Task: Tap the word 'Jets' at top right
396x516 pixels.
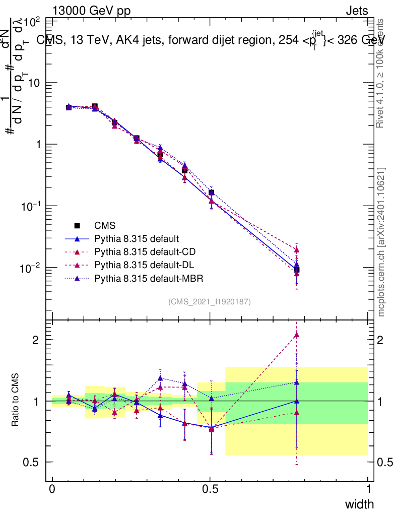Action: click(x=357, y=11)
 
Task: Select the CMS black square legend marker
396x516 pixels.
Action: click(x=77, y=225)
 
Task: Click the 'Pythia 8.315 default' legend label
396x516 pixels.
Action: click(x=137, y=238)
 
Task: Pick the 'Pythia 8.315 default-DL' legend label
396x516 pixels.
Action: click(x=143, y=265)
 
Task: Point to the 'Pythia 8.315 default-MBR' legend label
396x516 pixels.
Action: click(x=147, y=278)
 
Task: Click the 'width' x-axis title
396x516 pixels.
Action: click(x=359, y=504)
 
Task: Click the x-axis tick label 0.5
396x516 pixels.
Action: click(x=210, y=489)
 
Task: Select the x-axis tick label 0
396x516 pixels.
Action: click(x=52, y=489)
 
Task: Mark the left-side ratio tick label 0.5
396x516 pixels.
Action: click(x=32, y=462)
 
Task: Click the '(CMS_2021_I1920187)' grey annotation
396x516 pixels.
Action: click(x=210, y=301)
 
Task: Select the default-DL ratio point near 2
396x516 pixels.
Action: click(x=297, y=335)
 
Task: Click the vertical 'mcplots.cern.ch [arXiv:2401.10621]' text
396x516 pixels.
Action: click(x=381, y=242)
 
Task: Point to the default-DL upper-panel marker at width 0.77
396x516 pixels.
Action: click(x=297, y=249)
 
